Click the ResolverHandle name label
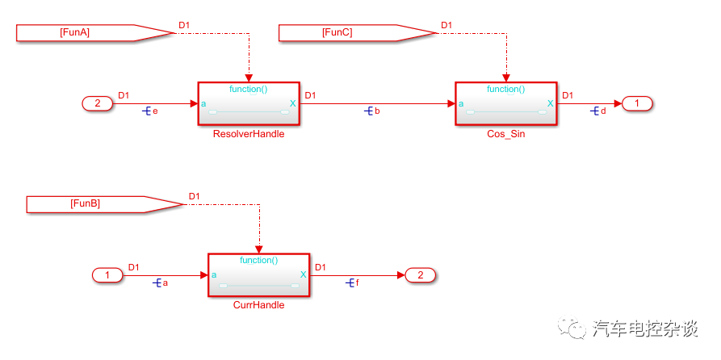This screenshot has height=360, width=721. pos(248,134)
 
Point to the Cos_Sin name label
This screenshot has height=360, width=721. pos(505,134)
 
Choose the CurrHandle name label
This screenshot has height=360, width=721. pos(258,305)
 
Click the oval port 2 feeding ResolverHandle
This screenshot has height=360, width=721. pos(97,103)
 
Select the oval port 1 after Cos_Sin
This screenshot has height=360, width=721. pos(636,103)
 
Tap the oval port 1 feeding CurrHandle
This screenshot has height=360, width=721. pos(107,275)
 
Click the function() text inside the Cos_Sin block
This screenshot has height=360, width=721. pos(505,90)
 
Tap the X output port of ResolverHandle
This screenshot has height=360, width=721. pos(292,103)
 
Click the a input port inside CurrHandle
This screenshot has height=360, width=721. pos(214,275)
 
